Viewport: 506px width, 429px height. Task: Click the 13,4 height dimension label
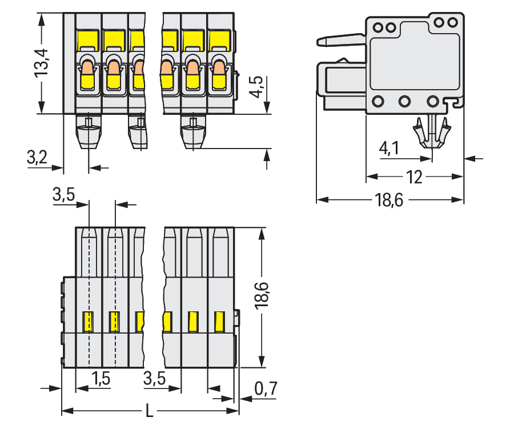[42, 65]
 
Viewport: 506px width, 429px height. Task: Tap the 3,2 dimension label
[37, 158]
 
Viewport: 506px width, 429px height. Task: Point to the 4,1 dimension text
[389, 149]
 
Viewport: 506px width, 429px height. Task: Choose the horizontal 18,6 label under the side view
[391, 200]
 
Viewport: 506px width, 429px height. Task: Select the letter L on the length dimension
[150, 411]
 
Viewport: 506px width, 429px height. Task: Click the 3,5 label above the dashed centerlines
[63, 195]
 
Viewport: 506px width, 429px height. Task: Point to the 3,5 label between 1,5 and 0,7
[155, 378]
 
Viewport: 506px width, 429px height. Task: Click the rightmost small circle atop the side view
[453, 22]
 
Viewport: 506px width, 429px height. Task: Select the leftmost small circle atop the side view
[378, 27]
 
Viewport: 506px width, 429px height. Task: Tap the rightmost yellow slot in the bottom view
[219, 322]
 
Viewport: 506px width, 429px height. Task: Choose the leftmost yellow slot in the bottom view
[89, 322]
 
